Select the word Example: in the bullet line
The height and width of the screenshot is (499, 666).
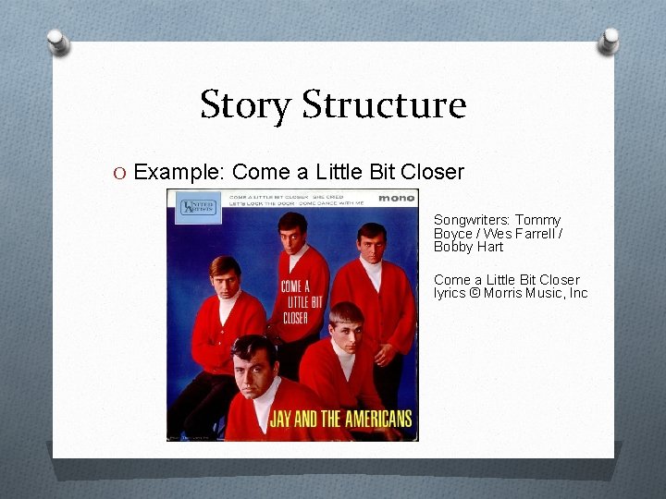[x=179, y=173]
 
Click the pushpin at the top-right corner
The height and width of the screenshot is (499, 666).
[x=610, y=40]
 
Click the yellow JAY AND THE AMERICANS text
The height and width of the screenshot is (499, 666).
[x=339, y=419]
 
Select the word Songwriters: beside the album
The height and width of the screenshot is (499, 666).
[x=471, y=221]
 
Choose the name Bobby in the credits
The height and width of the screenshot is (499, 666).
[x=453, y=247]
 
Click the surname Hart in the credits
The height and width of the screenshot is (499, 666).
[x=489, y=247]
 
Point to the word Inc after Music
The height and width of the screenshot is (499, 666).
[x=578, y=293]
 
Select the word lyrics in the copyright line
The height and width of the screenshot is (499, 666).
[x=450, y=293]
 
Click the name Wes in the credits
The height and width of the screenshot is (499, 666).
[x=491, y=234]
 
